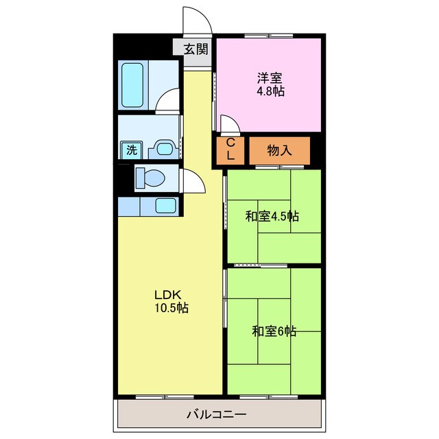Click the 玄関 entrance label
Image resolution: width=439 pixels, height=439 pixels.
[x=196, y=49]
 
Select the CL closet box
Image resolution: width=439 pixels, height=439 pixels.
[x=231, y=150]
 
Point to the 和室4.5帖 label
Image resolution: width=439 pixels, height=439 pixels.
[x=272, y=216]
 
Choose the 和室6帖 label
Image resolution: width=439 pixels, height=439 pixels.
[x=273, y=331]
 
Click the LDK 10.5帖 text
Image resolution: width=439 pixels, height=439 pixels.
[x=171, y=302]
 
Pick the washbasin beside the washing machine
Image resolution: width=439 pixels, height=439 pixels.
[x=163, y=149]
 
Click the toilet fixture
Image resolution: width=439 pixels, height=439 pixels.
[x=150, y=178]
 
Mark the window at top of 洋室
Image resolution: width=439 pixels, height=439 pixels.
[x=269, y=35]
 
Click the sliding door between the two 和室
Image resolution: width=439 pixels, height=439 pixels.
[x=261, y=265]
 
